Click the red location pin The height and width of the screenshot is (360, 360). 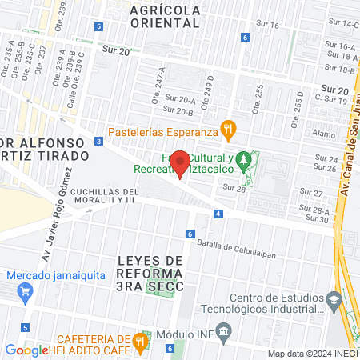(181, 163)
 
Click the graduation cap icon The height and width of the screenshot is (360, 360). (333, 301)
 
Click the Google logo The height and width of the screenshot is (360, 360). (26, 350)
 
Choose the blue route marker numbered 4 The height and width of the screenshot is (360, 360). (218, 214)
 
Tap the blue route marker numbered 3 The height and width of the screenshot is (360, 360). (98, 141)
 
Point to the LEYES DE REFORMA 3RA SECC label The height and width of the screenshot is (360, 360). (150, 274)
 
